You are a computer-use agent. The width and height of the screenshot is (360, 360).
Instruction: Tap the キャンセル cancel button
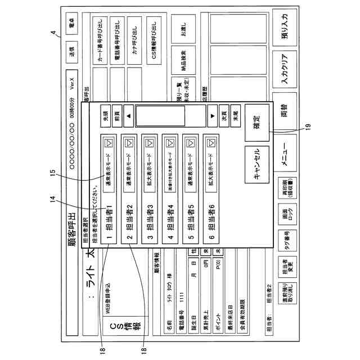(255, 163)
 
